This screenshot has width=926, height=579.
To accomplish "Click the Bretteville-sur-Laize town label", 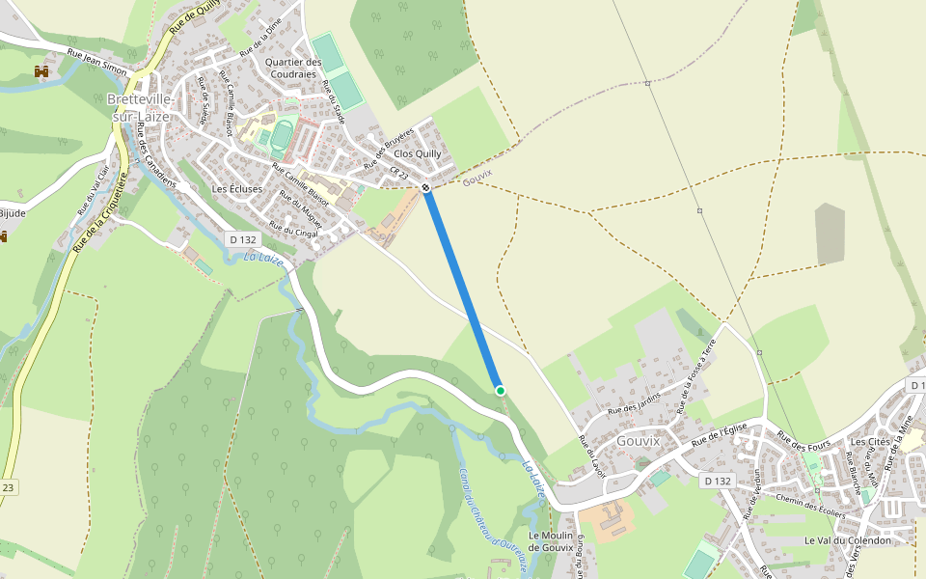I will pyautogui.click(x=141, y=107).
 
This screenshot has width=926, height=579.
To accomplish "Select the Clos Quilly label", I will pyautogui.click(x=418, y=153).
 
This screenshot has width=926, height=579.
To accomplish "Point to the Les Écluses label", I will pyautogui.click(x=237, y=189).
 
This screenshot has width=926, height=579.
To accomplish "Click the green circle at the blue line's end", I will pyautogui.click(x=500, y=390).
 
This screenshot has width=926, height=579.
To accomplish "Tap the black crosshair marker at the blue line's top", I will pyautogui.click(x=425, y=185).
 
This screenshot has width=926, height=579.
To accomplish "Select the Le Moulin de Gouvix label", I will pyautogui.click(x=551, y=541).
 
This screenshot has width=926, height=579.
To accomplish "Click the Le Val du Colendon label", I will pyautogui.click(x=847, y=540).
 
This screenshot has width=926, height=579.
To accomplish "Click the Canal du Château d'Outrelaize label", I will pyautogui.click(x=495, y=521).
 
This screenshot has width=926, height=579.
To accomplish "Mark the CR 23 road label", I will pyautogui.click(x=400, y=173).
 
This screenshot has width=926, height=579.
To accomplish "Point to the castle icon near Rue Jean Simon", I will pyautogui.click(x=41, y=71).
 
